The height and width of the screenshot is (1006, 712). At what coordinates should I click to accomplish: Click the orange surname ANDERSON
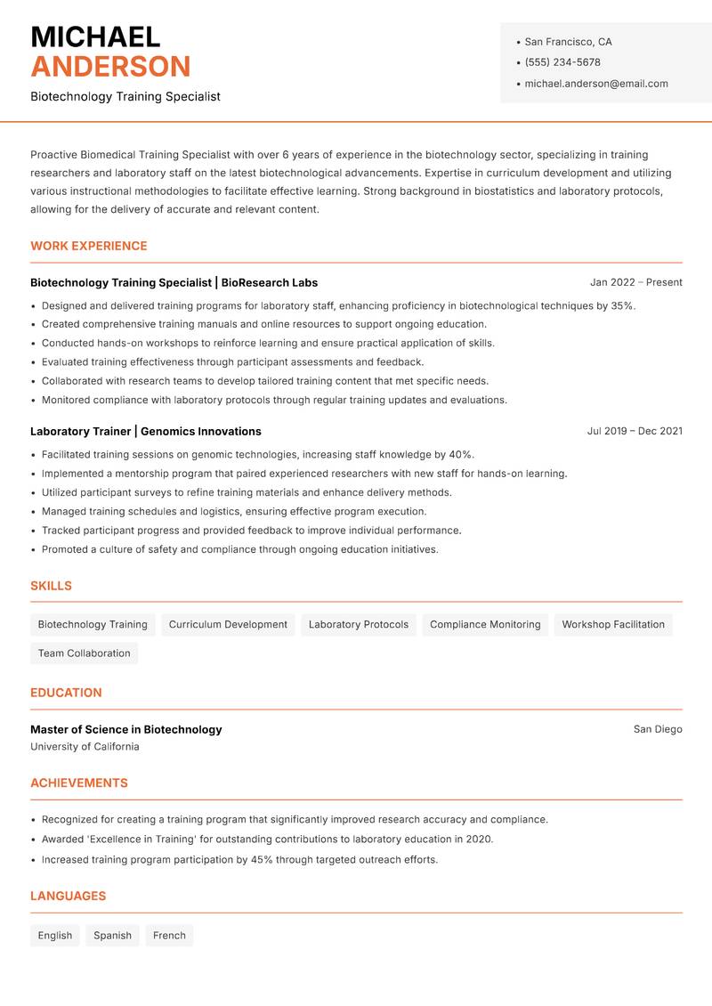click(x=110, y=67)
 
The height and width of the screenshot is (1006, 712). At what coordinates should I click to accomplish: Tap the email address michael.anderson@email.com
click(x=595, y=84)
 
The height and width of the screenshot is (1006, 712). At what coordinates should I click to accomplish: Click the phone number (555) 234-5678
click(x=562, y=62)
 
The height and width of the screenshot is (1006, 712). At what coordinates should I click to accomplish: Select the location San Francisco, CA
click(x=568, y=42)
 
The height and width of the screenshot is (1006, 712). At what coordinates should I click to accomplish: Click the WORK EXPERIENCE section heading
click(x=89, y=246)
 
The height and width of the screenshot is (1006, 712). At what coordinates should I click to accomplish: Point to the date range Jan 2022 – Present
click(x=635, y=282)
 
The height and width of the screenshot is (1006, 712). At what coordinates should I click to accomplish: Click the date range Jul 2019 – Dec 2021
click(x=635, y=431)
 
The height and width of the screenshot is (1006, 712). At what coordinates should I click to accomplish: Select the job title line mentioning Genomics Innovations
click(x=146, y=431)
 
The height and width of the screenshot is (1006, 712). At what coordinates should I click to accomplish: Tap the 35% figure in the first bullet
click(x=622, y=305)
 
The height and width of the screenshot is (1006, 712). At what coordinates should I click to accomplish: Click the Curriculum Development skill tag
click(x=228, y=624)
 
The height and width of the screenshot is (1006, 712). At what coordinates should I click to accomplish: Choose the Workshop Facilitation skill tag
click(x=613, y=624)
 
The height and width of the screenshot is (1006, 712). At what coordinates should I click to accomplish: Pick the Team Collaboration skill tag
click(x=84, y=653)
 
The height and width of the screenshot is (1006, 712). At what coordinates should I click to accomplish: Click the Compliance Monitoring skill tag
click(x=485, y=624)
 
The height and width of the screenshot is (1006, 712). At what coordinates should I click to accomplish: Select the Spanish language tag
click(x=112, y=935)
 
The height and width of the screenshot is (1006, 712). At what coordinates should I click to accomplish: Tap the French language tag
click(x=169, y=935)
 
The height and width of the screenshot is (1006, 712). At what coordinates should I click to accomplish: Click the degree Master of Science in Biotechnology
click(x=125, y=729)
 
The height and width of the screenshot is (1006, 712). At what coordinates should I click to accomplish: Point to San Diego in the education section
click(x=658, y=729)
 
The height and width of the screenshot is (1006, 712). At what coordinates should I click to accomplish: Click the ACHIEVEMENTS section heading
click(x=79, y=783)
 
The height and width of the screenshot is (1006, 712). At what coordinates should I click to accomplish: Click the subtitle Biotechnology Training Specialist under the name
click(x=125, y=96)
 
